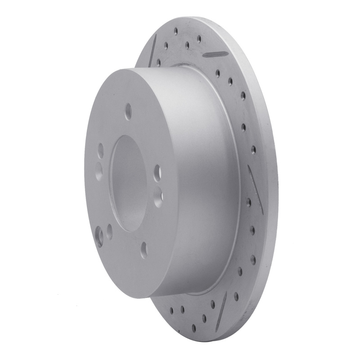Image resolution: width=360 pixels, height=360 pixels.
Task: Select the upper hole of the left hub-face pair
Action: pos(100,151)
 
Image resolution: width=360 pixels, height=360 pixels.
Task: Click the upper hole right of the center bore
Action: pos(157,171)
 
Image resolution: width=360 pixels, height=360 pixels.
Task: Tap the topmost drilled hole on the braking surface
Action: pos(176,32)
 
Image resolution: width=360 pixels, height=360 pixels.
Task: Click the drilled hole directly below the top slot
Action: pos(218,72)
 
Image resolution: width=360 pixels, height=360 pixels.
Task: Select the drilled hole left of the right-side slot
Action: pos(248,202)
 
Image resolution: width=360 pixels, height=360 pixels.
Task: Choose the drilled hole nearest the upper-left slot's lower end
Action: pos(158,61)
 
